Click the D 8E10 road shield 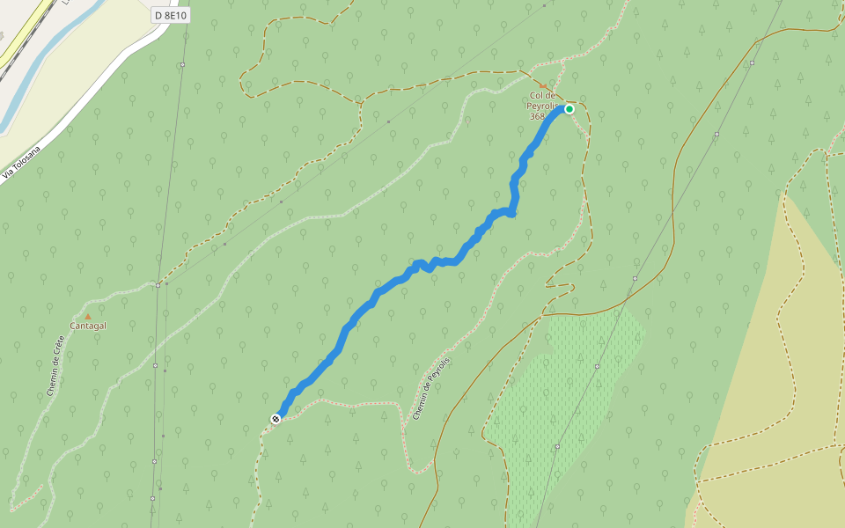tap(170, 16)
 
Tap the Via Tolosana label tap(22, 161)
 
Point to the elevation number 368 tap(537, 116)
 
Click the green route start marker tap(569, 109)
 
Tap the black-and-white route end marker tap(276, 419)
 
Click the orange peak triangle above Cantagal tap(87, 317)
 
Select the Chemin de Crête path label tap(56, 365)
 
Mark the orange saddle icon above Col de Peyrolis tap(543, 86)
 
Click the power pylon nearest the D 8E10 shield tap(182, 65)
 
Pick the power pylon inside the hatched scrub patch tap(597, 366)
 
